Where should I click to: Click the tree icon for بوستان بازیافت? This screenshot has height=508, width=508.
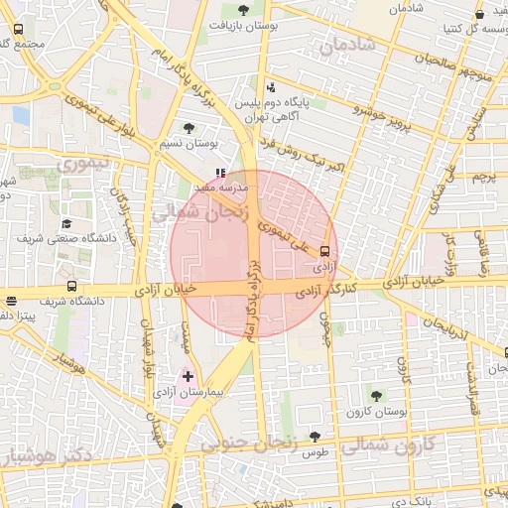(x=243, y=11)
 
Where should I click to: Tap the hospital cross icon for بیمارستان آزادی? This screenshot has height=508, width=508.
(x=189, y=377)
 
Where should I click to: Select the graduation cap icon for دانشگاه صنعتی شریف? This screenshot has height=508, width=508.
(x=66, y=224)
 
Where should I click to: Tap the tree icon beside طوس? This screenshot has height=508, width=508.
(x=315, y=436)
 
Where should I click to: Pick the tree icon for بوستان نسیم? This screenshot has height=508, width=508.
(x=189, y=128)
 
